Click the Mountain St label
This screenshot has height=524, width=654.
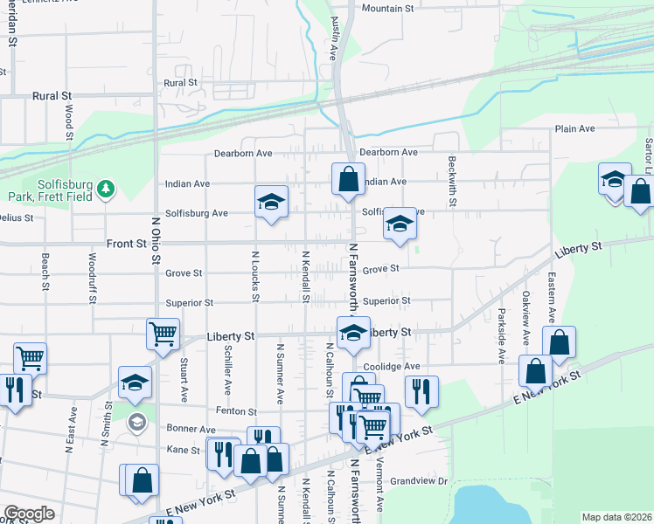click(x=387, y=9)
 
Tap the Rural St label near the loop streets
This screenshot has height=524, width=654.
click(x=180, y=83)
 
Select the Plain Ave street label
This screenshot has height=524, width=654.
click(x=574, y=128)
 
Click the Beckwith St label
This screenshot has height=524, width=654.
click(x=452, y=182)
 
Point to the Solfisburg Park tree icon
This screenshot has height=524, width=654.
click(x=105, y=189)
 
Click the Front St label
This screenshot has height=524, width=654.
click(x=126, y=245)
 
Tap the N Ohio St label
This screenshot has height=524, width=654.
click(x=157, y=240)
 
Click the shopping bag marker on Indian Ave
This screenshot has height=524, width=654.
click(x=348, y=179)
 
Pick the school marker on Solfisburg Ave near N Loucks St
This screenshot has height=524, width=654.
click(x=271, y=202)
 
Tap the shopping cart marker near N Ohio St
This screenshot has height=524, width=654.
click(x=163, y=333)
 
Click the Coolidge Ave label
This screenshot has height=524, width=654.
click(x=392, y=366)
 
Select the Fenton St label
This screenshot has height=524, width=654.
click(x=240, y=410)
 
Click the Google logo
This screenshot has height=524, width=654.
click(x=29, y=514)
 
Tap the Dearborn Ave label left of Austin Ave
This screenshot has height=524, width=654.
click(x=244, y=153)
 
